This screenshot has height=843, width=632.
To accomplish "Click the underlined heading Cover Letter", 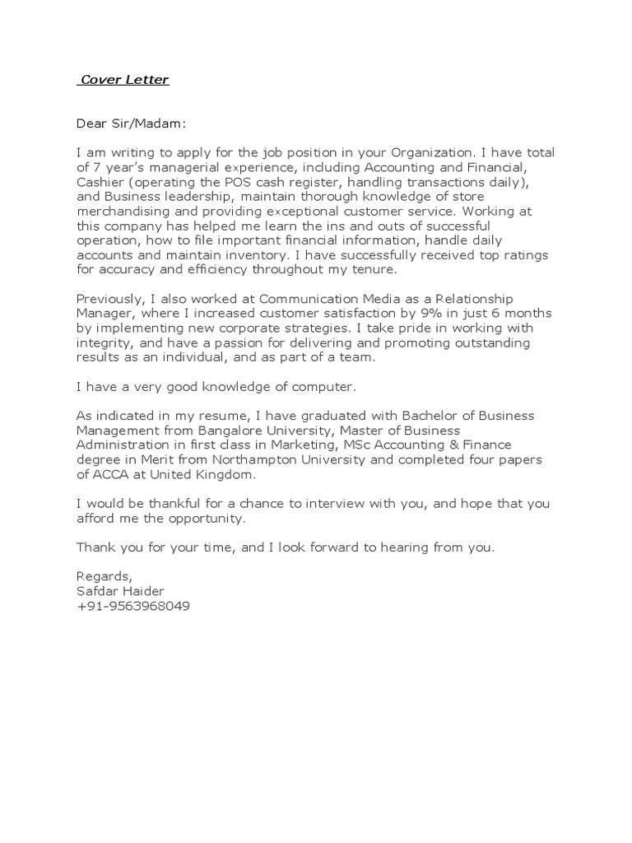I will point(123,80).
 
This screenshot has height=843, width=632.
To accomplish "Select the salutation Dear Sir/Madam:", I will point(132,124).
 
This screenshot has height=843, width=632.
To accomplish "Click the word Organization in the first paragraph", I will point(431,153).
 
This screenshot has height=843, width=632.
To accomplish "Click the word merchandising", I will point(119,212).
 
